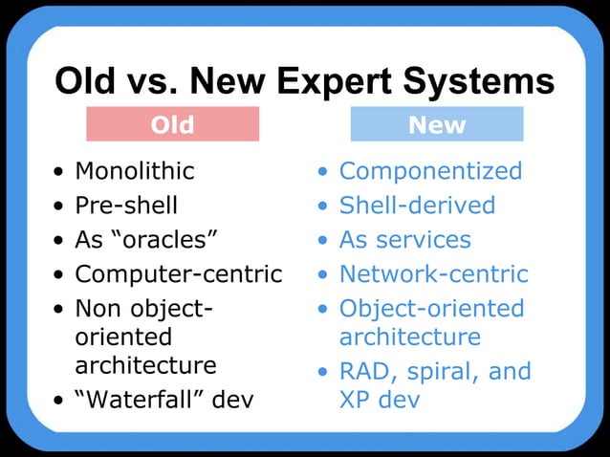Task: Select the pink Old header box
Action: tap(172, 124)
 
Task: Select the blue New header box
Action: tap(437, 124)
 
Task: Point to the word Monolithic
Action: tap(135, 171)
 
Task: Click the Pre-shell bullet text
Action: tap(126, 206)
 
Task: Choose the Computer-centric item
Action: tap(179, 274)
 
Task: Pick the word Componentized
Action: tap(430, 171)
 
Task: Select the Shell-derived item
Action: tap(417, 206)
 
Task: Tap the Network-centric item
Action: tap(433, 274)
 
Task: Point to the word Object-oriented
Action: tap(431, 309)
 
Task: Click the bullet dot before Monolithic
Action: tap(61, 173)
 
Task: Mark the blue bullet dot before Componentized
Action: tap(323, 173)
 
